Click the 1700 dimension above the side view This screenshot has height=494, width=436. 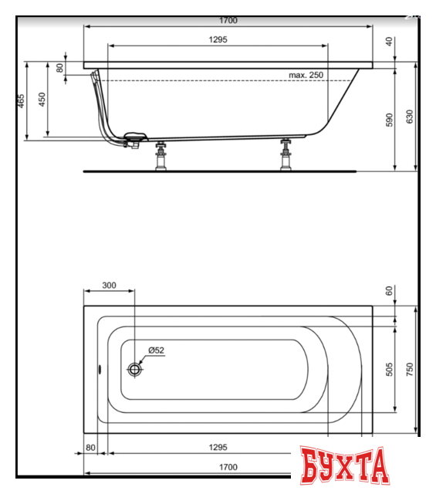point(228,20)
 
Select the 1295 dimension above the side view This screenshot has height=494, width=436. point(217,39)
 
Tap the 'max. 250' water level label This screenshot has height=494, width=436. point(306,75)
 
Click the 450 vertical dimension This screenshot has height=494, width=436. point(42,99)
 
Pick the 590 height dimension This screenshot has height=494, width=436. point(390,120)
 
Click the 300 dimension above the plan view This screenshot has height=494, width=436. point(108,286)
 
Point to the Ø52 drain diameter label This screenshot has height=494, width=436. point(155,350)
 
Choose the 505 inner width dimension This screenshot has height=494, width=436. point(390,369)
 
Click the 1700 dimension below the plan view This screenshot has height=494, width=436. point(228,467)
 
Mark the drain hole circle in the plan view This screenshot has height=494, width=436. point(135,369)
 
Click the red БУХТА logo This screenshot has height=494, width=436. point(343,465)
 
